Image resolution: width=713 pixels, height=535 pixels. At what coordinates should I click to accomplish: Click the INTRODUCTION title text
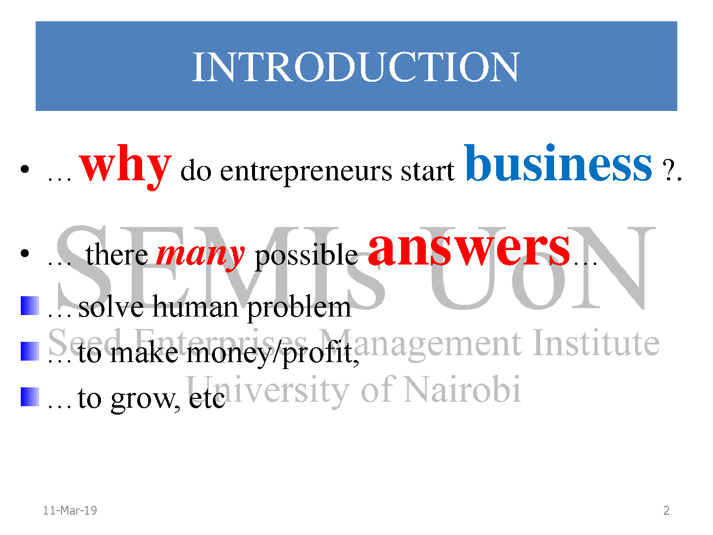(356, 67)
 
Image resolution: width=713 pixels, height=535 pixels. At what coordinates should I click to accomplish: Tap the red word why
(125, 167)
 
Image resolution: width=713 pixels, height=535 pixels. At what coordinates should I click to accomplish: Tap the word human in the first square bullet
(195, 307)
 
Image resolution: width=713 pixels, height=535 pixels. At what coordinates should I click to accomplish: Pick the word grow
(145, 400)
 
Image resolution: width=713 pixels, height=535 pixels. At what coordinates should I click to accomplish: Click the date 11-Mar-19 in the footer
(70, 510)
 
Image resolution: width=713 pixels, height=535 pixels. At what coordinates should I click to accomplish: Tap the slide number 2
(666, 510)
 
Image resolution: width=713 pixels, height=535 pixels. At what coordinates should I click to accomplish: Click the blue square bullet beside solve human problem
(30, 306)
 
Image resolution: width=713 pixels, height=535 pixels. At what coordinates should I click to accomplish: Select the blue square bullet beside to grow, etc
(30, 397)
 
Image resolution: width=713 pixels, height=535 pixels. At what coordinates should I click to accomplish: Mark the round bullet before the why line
(25, 169)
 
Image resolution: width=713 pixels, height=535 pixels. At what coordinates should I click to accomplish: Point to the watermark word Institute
(596, 343)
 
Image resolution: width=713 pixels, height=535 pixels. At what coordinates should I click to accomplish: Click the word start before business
(427, 171)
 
